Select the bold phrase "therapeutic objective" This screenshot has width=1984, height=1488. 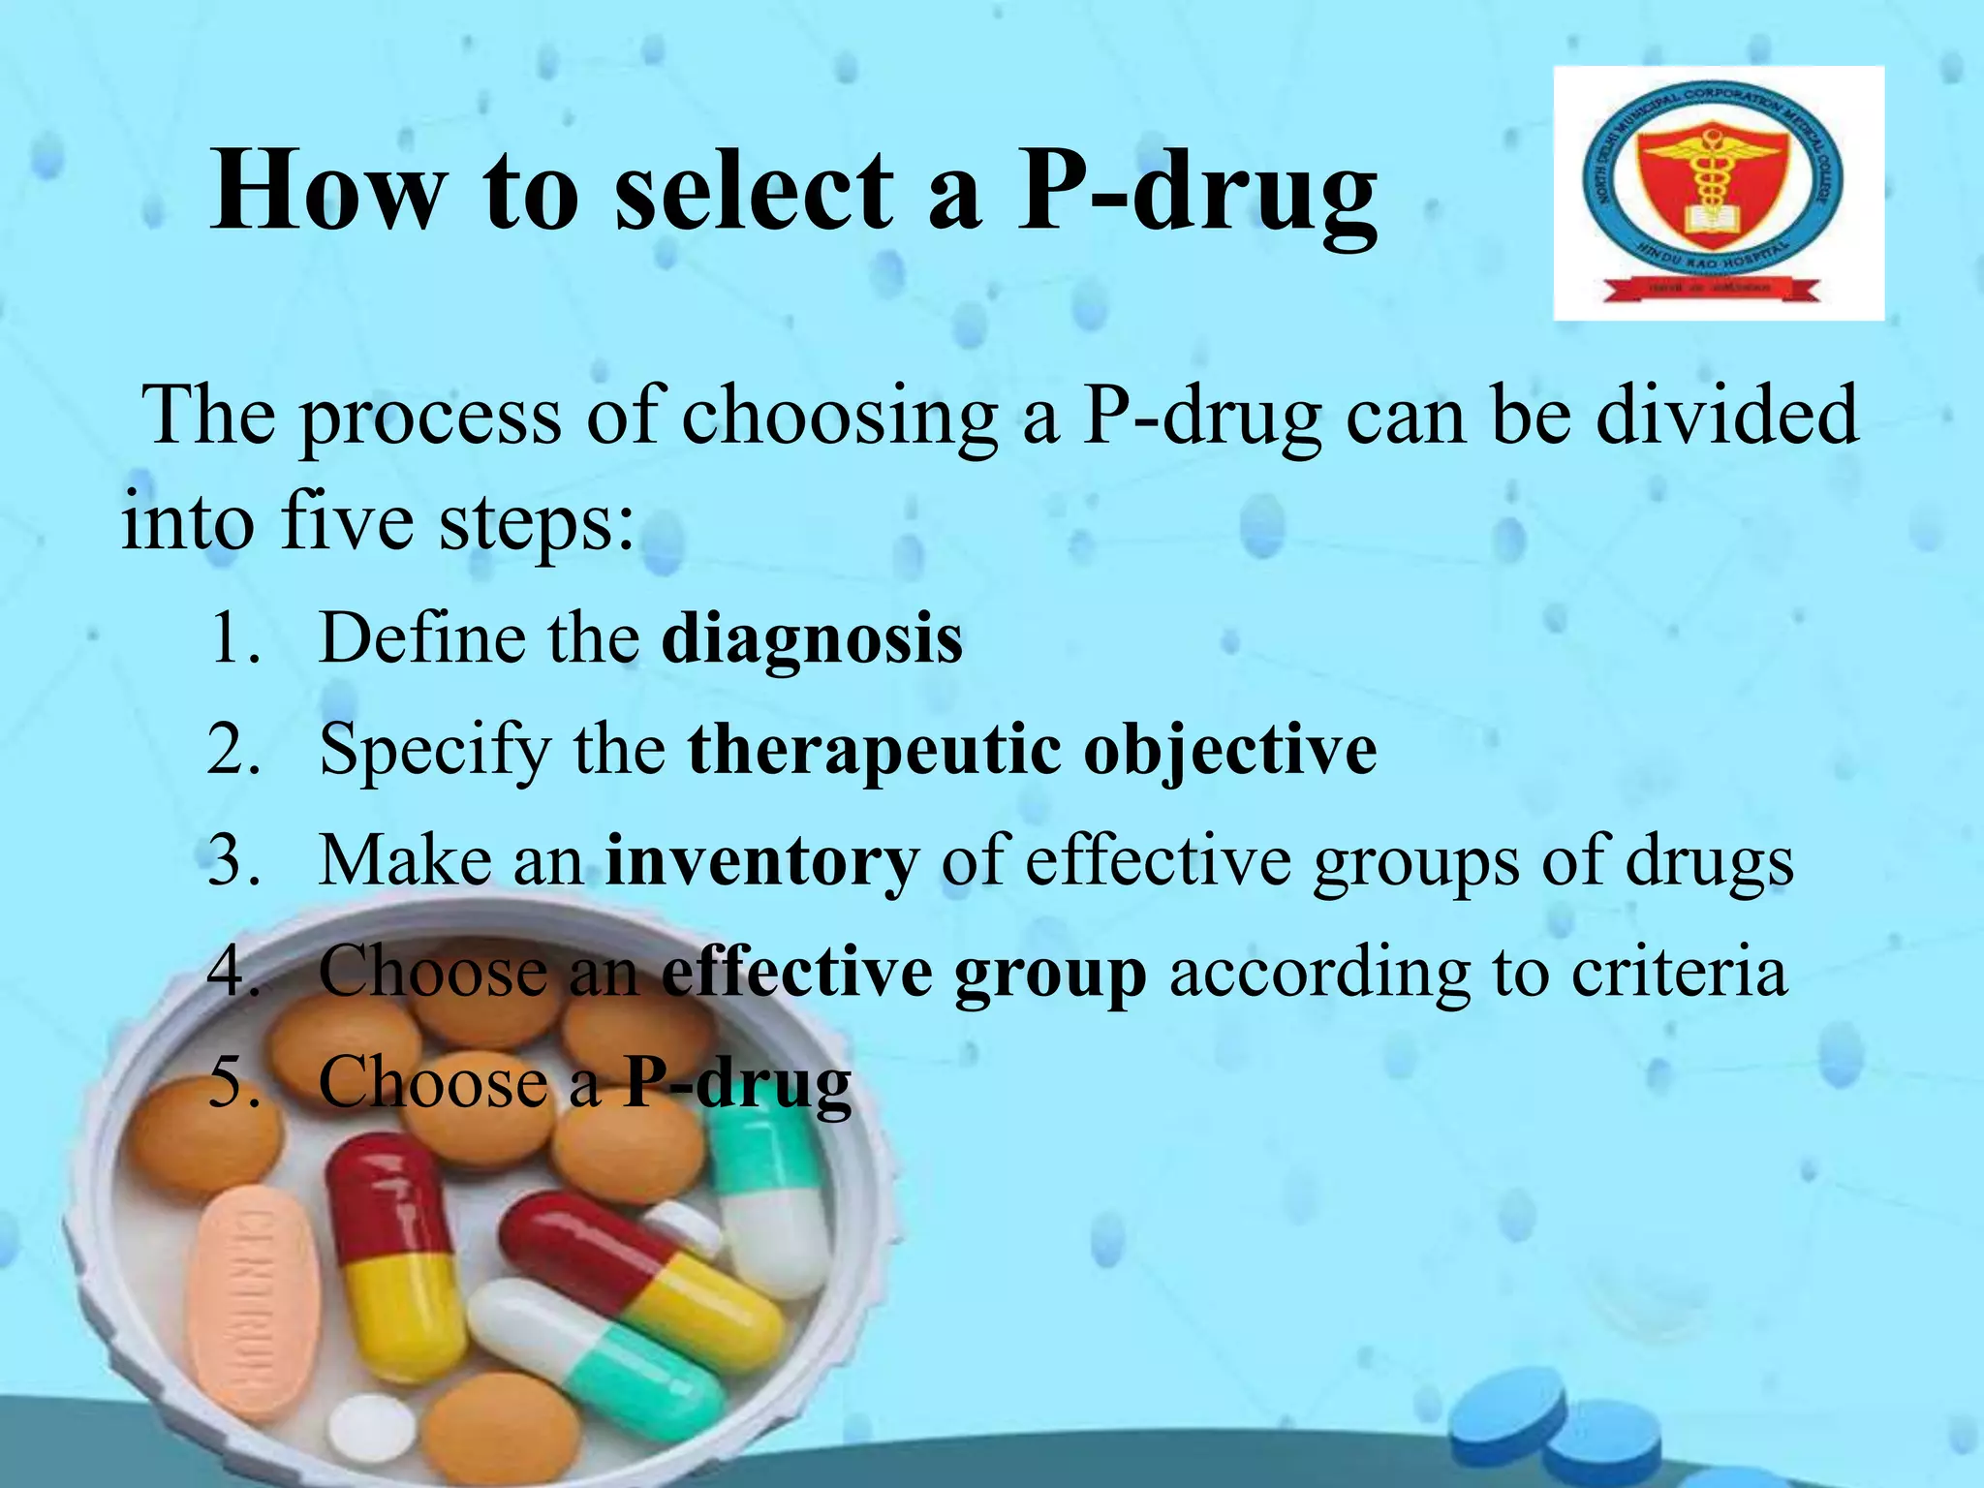pyautogui.click(x=1032, y=752)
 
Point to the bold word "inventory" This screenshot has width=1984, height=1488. pyautogui.click(x=761, y=861)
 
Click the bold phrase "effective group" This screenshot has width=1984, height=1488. pyautogui.click(x=904, y=973)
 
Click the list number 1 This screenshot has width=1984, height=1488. pyautogui.click(x=232, y=639)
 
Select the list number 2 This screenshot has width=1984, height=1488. pyautogui.click(x=232, y=750)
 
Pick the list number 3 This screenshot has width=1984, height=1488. pyautogui.click(x=232, y=861)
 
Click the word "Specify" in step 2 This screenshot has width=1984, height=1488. pyautogui.click(x=434, y=752)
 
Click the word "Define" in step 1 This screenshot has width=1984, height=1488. pyautogui.click(x=421, y=639)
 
